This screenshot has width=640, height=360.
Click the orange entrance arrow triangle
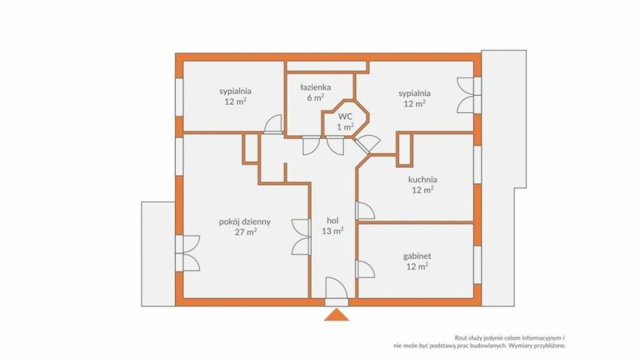point(337,315)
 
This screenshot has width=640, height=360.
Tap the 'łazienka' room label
point(316,87)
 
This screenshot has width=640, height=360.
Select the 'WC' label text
point(345,116)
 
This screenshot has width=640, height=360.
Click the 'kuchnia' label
point(422,179)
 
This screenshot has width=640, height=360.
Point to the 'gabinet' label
point(417,256)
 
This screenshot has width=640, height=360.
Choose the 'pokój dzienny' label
point(245,222)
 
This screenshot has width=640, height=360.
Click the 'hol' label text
point(333,221)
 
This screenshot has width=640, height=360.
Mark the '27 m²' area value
point(245,232)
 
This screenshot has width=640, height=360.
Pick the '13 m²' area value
point(333,231)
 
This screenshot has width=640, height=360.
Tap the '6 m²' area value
point(316,97)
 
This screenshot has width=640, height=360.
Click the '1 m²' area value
point(345,127)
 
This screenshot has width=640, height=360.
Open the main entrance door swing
point(337,288)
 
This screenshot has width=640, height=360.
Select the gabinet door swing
point(366,270)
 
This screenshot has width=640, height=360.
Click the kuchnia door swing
point(366,211)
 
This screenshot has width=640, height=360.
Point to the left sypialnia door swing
point(273,124)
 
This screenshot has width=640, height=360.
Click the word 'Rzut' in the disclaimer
point(460,338)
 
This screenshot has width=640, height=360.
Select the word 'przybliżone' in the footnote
point(551,346)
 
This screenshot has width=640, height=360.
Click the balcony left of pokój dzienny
point(159,254)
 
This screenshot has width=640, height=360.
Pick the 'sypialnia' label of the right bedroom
point(415,93)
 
